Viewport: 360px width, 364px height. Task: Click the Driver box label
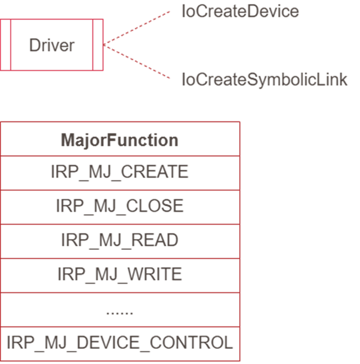click(52, 45)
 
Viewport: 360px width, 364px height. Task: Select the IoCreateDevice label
click(240, 11)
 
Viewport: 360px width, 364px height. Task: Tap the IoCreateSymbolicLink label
click(264, 80)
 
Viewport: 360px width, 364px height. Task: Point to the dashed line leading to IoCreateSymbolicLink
click(138, 62)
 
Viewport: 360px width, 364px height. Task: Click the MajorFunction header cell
click(120, 140)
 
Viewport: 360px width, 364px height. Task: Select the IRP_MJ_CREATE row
click(120, 172)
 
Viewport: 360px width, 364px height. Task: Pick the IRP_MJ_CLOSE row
click(120, 206)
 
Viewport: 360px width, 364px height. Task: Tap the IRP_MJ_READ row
click(120, 240)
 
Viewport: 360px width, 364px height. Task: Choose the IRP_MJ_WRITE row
click(120, 274)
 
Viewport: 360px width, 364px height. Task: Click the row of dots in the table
click(120, 312)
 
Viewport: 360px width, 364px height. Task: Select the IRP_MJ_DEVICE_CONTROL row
click(120, 343)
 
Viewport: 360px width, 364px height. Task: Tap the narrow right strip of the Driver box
click(98, 45)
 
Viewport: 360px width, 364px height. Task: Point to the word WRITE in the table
click(155, 274)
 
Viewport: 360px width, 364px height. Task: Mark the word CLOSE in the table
click(156, 206)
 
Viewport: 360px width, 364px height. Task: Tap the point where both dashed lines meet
click(105, 45)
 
